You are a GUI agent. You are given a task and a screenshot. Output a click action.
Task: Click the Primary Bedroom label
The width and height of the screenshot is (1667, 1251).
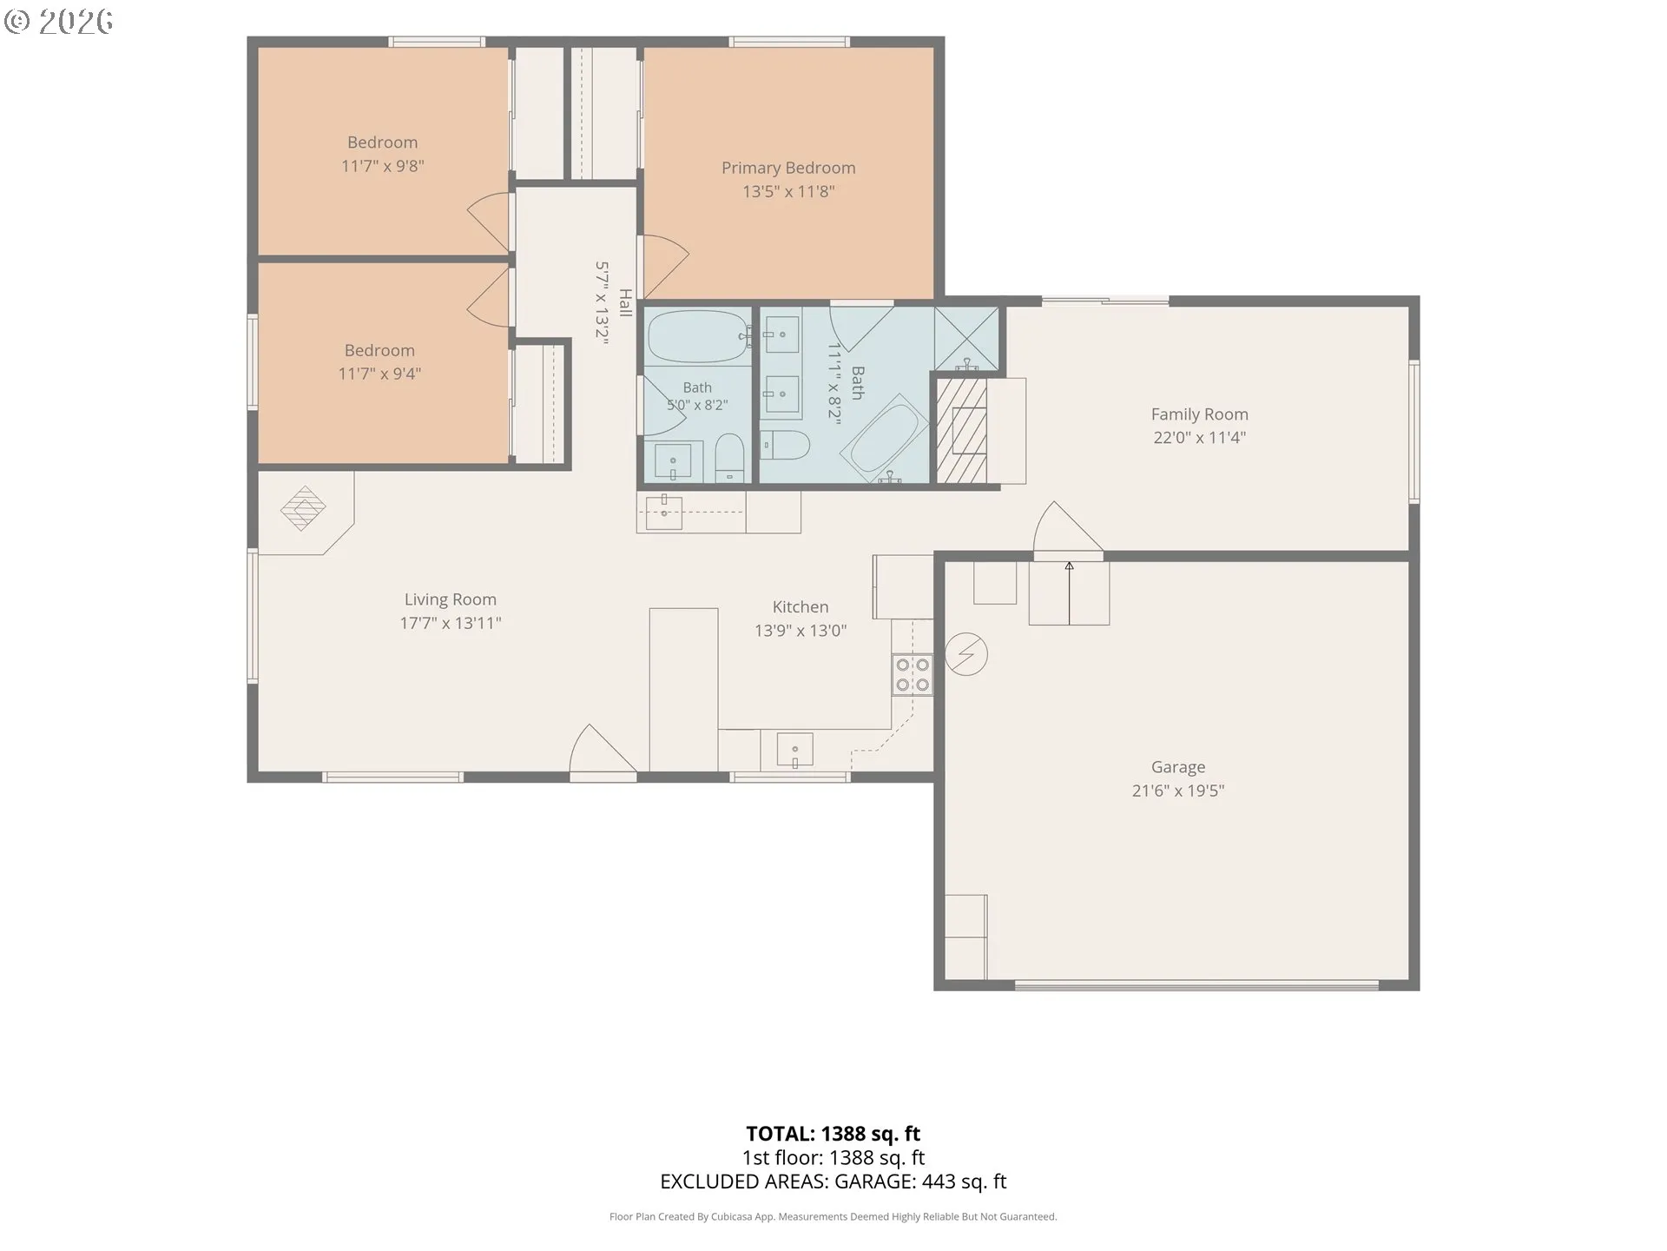pyautogui.click(x=788, y=168)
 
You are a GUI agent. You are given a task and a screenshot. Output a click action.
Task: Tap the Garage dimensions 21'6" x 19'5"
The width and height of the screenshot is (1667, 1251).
pyautogui.click(x=1178, y=791)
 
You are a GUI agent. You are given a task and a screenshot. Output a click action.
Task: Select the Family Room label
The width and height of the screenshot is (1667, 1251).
pyautogui.click(x=1200, y=414)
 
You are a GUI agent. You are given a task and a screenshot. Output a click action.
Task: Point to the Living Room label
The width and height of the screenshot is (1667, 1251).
pyautogui.click(x=451, y=599)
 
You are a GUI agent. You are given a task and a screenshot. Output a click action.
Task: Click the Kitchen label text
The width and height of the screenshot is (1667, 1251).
pyautogui.click(x=801, y=607)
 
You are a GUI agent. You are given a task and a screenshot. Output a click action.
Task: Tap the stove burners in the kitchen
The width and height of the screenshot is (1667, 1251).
pyautogui.click(x=913, y=675)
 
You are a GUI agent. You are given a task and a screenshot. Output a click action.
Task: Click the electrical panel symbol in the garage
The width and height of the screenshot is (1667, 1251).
pyautogui.click(x=966, y=654)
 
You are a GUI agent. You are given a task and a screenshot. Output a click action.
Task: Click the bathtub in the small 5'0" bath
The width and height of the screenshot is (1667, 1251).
pyautogui.click(x=698, y=337)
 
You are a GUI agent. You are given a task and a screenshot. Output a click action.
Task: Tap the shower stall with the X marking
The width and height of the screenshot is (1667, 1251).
pyautogui.click(x=966, y=338)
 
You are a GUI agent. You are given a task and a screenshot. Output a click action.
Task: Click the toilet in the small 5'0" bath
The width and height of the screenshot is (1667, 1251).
pyautogui.click(x=730, y=457)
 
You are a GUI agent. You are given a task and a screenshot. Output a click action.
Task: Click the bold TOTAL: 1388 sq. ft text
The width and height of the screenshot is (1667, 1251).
pyautogui.click(x=833, y=1134)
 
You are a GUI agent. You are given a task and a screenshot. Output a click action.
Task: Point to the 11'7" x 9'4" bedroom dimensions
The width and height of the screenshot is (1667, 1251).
pyautogui.click(x=379, y=374)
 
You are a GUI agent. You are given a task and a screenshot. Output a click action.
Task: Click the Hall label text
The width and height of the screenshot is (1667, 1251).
pyautogui.click(x=625, y=303)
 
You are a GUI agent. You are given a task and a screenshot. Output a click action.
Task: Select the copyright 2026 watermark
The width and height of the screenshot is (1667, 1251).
pyautogui.click(x=59, y=22)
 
